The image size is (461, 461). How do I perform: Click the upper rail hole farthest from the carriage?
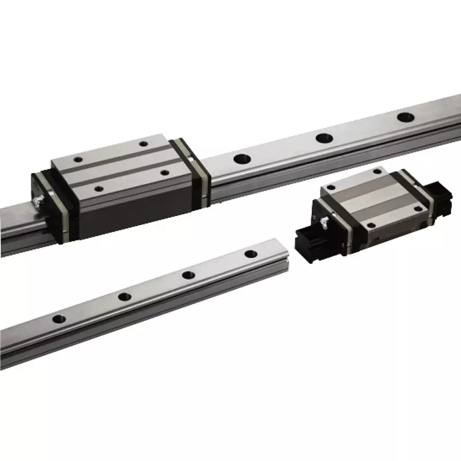[404, 118]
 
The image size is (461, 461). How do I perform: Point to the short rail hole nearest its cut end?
[251, 254]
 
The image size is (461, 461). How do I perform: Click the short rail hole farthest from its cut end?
[59, 319]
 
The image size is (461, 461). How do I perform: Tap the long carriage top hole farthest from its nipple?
[141, 144]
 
